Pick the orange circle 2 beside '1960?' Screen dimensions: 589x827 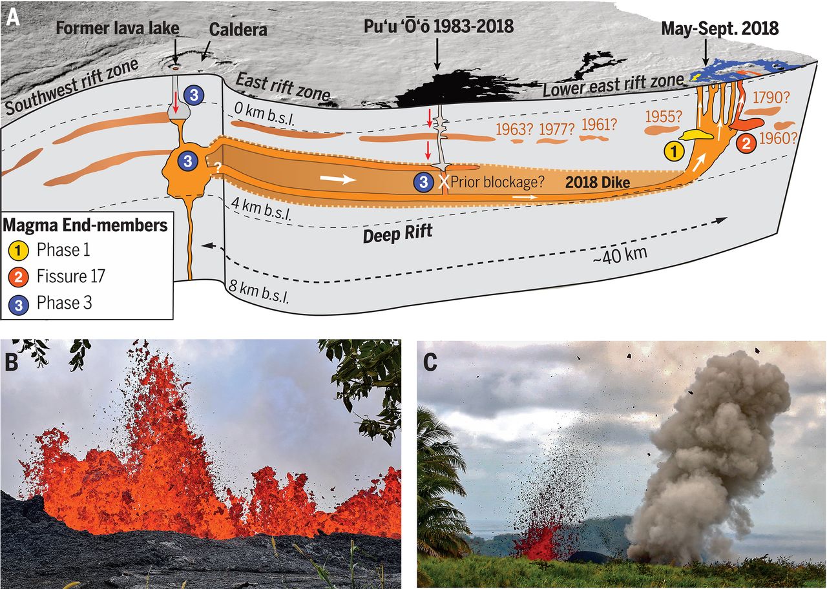746,143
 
